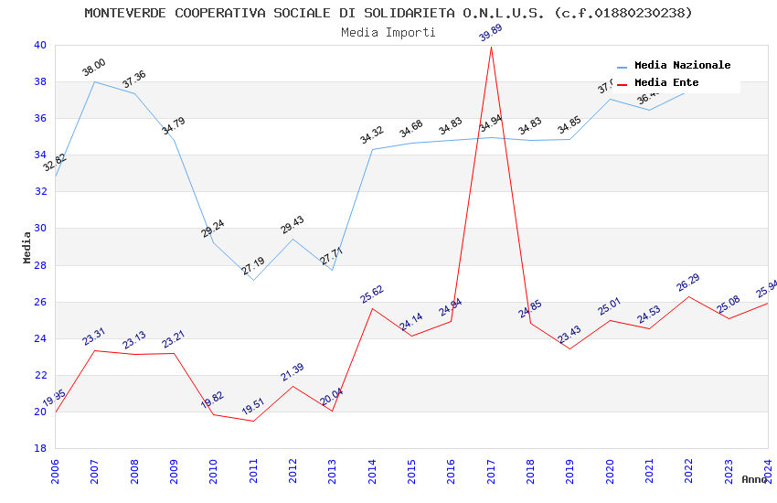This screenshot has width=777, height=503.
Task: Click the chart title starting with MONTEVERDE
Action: click(388, 13)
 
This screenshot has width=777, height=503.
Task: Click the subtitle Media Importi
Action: click(388, 32)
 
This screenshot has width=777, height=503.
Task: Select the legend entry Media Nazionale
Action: click(682, 65)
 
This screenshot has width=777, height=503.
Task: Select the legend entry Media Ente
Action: click(665, 82)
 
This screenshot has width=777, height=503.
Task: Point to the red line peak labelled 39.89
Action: click(491, 47)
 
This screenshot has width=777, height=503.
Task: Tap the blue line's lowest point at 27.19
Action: click(253, 279)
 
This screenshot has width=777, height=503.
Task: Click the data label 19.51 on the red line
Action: click(253, 407)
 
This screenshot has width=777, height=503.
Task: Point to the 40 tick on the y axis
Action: click(40, 45)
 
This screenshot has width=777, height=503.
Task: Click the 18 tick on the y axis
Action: click(40, 448)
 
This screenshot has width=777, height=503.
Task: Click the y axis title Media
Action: click(27, 247)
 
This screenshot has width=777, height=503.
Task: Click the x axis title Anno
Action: click(754, 479)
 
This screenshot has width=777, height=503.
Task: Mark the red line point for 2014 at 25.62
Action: click(372, 308)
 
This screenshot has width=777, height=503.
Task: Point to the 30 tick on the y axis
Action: click(40, 229)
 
